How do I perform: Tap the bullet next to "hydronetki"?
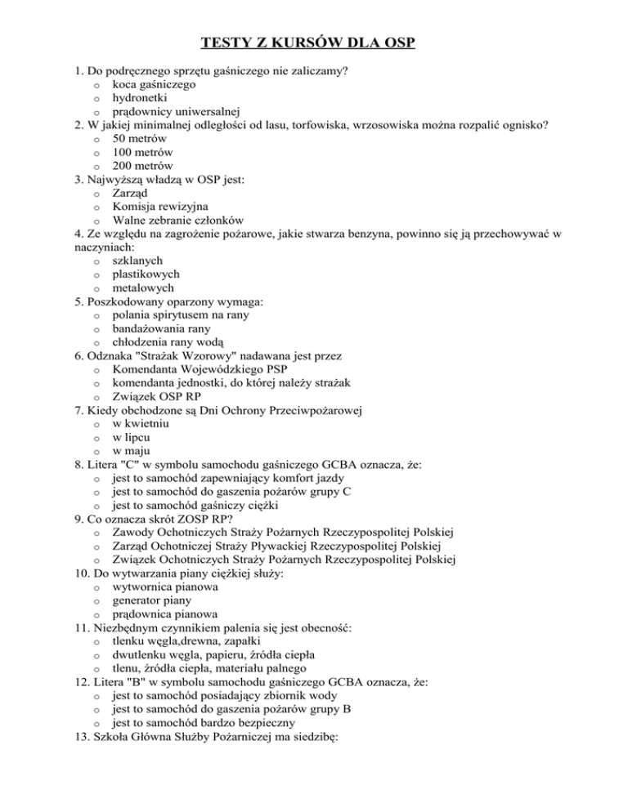click(96, 99)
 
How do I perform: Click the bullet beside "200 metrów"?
click(96, 167)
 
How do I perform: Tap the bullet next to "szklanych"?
click(96, 261)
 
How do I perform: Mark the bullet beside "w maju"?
click(96, 450)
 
